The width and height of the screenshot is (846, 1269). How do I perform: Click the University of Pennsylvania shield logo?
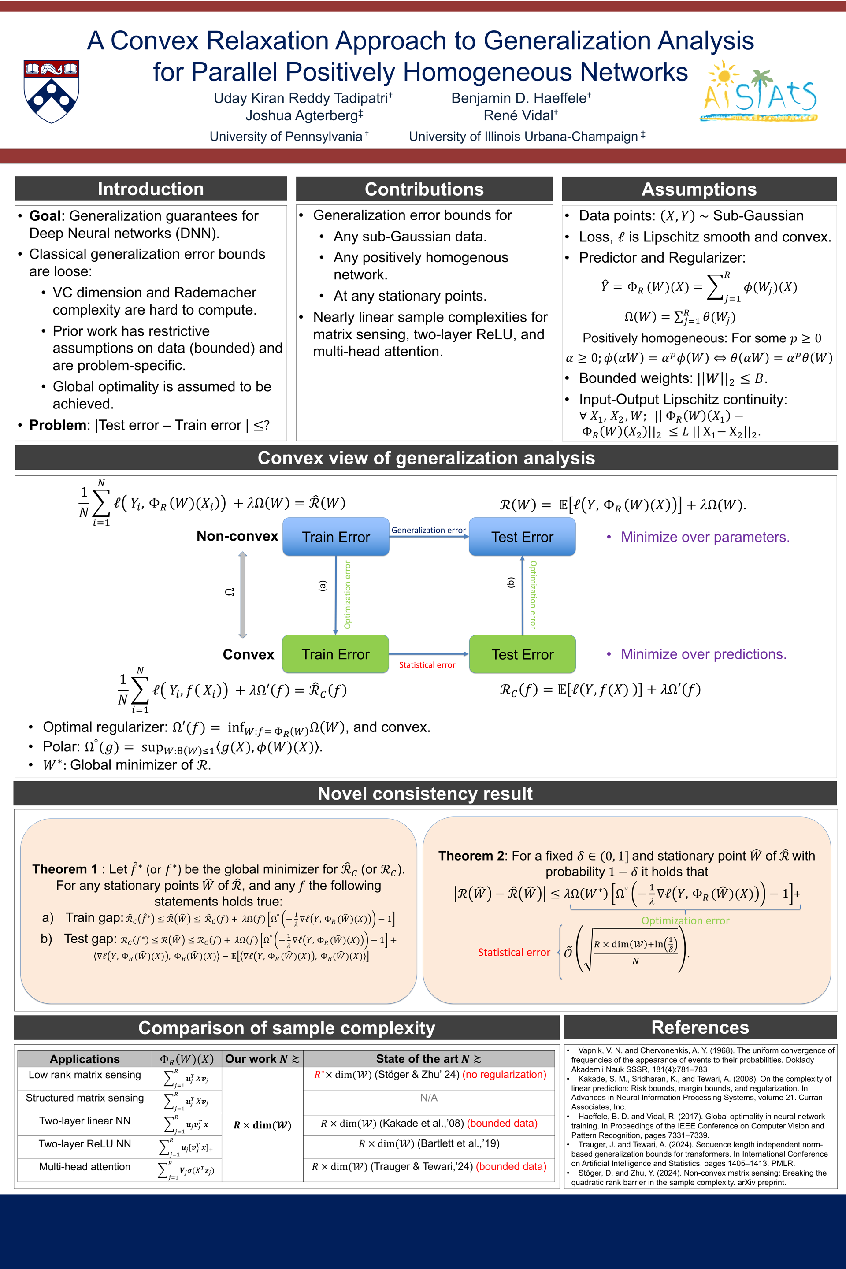[51, 91]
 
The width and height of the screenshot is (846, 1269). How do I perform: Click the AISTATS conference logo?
[760, 92]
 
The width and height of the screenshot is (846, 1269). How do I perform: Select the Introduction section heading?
[151, 189]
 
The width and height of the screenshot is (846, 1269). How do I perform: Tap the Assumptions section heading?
[699, 189]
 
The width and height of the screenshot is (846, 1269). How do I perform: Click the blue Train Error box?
[336, 537]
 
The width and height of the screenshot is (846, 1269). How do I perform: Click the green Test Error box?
[522, 654]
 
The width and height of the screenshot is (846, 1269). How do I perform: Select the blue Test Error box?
[522, 537]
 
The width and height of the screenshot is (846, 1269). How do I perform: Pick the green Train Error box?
[336, 654]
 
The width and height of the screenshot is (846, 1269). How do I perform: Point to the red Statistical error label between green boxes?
[427, 665]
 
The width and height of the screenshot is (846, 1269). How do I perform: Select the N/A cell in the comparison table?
[429, 1098]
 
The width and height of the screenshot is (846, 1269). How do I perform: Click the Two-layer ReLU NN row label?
[85, 1143]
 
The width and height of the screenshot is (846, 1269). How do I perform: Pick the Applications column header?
[85, 1058]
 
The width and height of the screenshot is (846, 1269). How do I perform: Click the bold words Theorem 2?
[471, 856]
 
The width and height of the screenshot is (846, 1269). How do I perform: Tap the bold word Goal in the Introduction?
[45, 216]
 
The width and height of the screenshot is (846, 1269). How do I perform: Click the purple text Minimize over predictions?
[704, 654]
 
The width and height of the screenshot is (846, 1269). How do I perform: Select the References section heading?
[700, 1027]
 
